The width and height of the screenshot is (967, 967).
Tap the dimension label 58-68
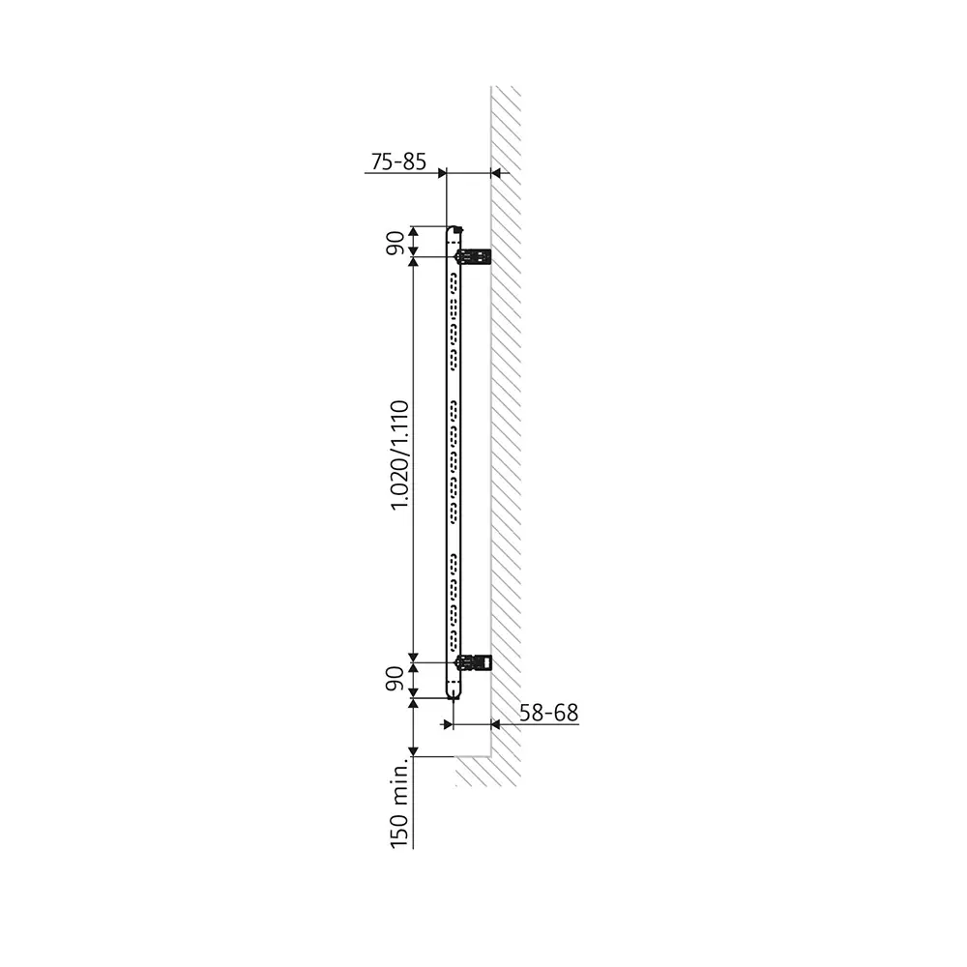click(x=548, y=713)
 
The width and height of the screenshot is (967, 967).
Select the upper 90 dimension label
click(x=395, y=242)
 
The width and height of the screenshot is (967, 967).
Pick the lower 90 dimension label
click(x=395, y=680)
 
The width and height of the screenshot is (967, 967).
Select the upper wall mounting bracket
click(x=473, y=255)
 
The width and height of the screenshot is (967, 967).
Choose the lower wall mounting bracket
click(x=473, y=662)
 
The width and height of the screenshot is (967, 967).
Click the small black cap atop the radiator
click(x=458, y=229)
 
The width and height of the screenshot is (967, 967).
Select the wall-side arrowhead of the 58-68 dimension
click(x=497, y=723)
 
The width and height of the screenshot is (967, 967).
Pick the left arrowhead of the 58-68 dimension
click(x=448, y=723)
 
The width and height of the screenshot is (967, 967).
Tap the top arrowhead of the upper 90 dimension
click(x=414, y=231)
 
